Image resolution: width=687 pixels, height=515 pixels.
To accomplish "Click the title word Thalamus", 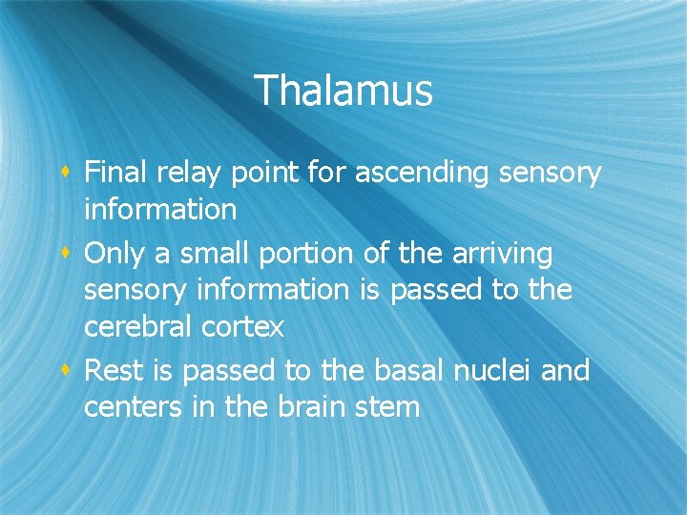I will coord(343,91).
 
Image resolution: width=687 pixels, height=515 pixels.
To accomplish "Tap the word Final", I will coord(114,174).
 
